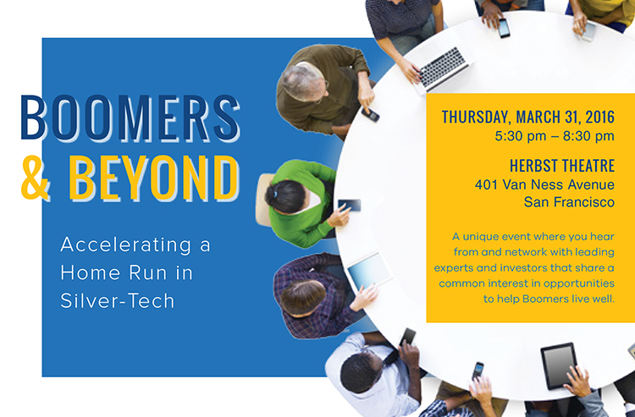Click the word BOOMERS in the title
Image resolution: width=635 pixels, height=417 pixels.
click(130, 118)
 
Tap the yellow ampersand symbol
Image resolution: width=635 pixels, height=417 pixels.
click(36, 178)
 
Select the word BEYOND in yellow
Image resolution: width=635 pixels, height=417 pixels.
click(154, 178)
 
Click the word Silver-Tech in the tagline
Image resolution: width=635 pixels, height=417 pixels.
click(118, 301)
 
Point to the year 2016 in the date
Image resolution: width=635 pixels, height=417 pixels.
click(600, 117)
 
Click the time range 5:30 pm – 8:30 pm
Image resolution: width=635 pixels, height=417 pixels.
click(555, 136)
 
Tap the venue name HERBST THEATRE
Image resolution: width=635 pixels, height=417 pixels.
click(562, 166)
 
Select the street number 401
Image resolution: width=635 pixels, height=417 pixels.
click(486, 184)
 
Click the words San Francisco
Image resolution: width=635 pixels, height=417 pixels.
click(569, 202)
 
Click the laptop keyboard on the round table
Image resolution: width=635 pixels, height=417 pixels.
click(443, 66)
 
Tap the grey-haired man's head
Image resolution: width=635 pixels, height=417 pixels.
click(302, 82)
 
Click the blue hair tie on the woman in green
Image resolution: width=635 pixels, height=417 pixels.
click(275, 194)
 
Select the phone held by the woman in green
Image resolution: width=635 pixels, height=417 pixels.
click(350, 205)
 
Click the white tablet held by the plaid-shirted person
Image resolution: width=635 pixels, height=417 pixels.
click(369, 270)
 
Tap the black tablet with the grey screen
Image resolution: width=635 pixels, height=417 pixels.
click(559, 365)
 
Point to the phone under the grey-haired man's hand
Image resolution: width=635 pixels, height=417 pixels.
click(371, 114)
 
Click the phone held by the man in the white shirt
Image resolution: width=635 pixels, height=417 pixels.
click(408, 337)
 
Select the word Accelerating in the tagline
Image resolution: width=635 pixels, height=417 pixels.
click(125, 245)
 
